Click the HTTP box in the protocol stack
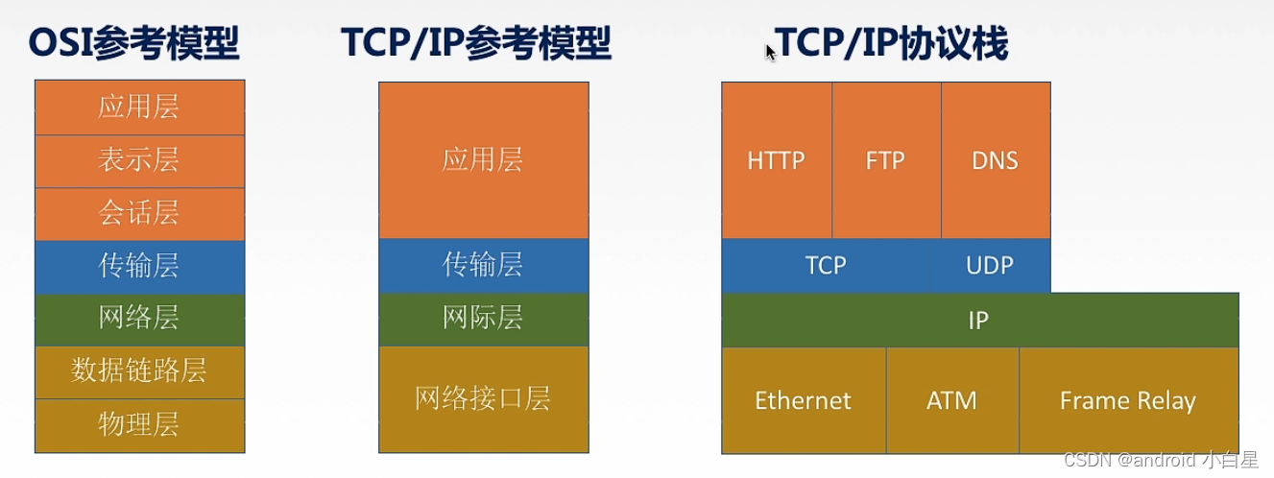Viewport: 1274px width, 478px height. pos(776,160)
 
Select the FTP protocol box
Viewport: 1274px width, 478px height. pos(885,160)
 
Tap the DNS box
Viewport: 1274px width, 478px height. pos(995,160)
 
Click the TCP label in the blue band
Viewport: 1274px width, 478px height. pos(826,265)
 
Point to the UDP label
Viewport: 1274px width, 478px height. pos(989,265)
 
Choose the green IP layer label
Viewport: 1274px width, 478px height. pos(978,320)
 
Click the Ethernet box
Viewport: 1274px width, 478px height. pos(803,400)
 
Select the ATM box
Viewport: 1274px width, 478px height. pos(951,400)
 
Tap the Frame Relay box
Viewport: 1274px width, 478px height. pos(1127,400)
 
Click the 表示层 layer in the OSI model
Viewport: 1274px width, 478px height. pos(139,160)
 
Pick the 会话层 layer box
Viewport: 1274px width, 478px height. pos(139,213)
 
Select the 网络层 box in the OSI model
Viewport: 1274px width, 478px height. pos(139,319)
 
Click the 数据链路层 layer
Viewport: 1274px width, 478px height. pos(139,371)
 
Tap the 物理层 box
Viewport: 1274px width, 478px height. pos(139,424)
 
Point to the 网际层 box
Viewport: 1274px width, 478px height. pos(483,319)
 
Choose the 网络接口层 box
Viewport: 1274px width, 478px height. pos(483,398)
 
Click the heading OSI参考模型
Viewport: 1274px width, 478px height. pos(134,44)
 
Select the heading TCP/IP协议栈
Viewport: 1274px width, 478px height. pos(893,44)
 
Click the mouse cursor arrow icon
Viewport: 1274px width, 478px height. pos(770,51)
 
